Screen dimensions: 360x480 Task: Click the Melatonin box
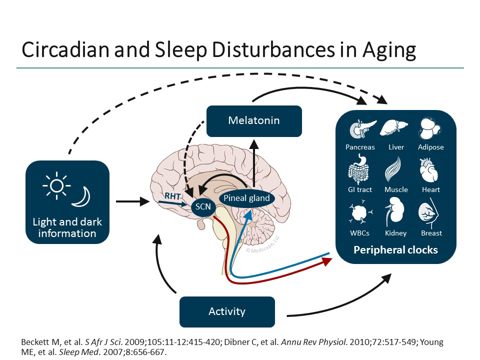tap(254, 121)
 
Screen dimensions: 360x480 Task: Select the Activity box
tap(227, 311)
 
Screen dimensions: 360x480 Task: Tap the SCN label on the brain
tap(202, 206)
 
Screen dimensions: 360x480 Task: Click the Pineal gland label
tap(246, 198)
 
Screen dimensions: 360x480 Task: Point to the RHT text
tap(173, 196)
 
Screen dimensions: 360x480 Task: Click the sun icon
tap(56, 186)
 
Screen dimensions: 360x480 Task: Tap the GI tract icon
tap(359, 171)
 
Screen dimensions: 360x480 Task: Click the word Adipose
tap(431, 147)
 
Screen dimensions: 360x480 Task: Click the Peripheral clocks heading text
tap(395, 249)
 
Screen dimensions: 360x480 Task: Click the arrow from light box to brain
tap(132, 202)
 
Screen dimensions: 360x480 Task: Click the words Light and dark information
tap(67, 227)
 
